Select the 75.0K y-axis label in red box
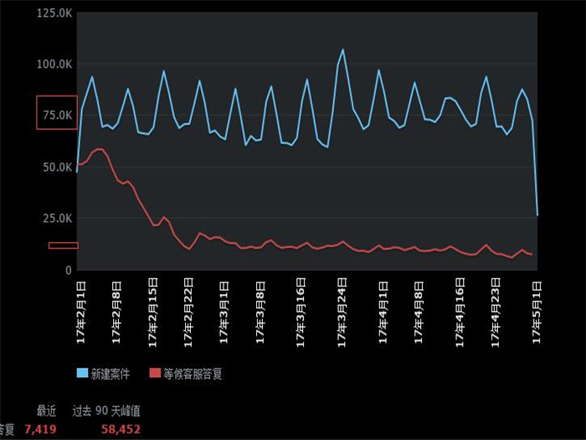coord(55,115)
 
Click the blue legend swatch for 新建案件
coord(82,373)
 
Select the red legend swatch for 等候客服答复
coord(154,373)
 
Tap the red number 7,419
coord(40,428)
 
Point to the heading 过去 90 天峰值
coord(105,411)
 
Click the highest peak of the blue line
coord(342,49)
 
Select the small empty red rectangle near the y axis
coord(63,246)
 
